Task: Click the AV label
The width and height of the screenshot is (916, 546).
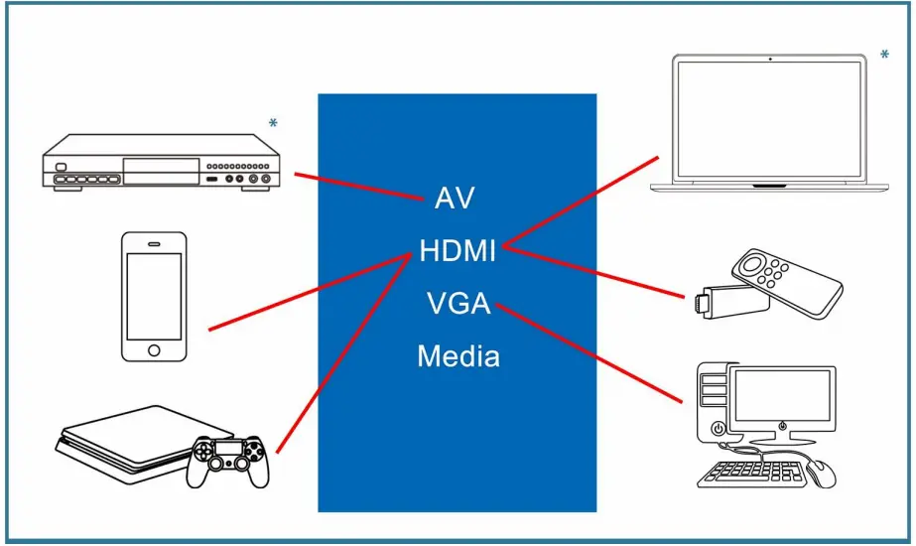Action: pyautogui.click(x=455, y=198)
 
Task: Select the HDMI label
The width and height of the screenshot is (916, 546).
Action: pyautogui.click(x=458, y=250)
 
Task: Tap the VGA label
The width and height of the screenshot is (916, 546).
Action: pyautogui.click(x=458, y=303)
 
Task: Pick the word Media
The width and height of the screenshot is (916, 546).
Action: pyautogui.click(x=458, y=355)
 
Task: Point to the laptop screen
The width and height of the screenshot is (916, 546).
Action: pyautogui.click(x=770, y=119)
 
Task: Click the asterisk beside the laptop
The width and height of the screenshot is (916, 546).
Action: pyautogui.click(x=884, y=56)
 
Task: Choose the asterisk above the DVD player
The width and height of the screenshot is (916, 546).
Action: pyautogui.click(x=273, y=124)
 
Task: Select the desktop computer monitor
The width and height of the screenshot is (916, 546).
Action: pyautogui.click(x=783, y=397)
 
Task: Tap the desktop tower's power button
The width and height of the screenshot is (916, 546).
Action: pyautogui.click(x=718, y=429)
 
